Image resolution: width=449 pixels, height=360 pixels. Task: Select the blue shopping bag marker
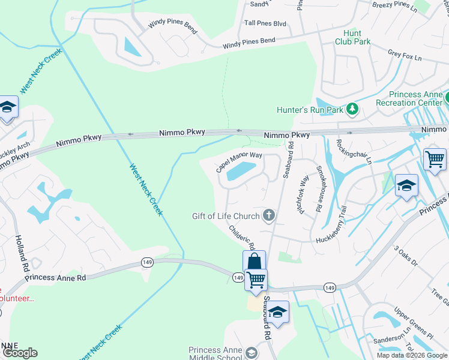coord(254,262)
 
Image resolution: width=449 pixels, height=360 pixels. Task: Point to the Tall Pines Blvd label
coord(265,23)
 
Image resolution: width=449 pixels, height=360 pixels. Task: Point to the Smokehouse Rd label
coord(320,182)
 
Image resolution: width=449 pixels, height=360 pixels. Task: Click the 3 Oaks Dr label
coord(405,255)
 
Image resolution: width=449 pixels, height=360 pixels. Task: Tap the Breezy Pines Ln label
coord(394,6)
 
